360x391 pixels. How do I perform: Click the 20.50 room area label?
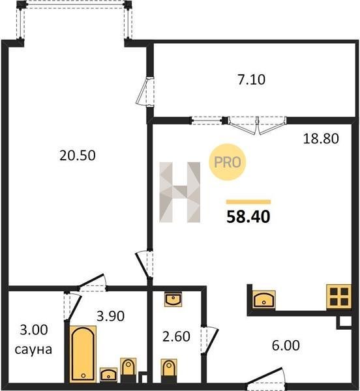point(78,155)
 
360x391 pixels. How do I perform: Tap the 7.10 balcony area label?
point(252,80)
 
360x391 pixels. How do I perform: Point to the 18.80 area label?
point(321,139)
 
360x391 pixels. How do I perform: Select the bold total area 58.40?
point(248,216)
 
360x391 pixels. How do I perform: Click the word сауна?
point(33,349)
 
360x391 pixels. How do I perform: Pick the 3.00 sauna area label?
point(34,330)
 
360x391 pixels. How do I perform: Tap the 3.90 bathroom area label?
point(110,316)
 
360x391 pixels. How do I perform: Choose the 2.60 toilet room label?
point(176,336)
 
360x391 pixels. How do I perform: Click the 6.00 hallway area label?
point(286,345)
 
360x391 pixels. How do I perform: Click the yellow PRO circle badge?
point(227,162)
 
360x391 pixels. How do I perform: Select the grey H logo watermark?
point(180,192)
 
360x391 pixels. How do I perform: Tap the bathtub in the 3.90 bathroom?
point(83,354)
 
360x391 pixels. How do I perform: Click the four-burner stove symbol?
point(338,297)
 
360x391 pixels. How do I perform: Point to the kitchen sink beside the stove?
point(264,299)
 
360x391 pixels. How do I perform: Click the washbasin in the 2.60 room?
point(173,300)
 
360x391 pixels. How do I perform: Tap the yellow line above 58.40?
point(248,202)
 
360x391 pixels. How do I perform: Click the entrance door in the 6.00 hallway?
point(266,377)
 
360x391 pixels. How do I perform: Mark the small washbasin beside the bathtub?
point(108,374)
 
